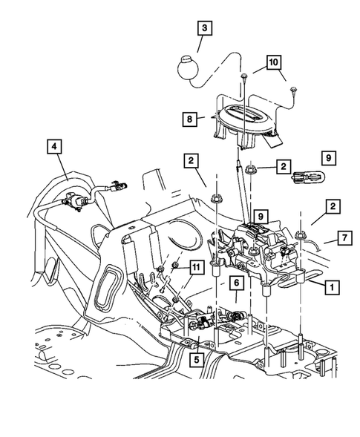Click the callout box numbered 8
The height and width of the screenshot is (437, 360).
coord(192,116)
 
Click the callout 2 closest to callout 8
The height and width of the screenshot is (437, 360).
coord(192,160)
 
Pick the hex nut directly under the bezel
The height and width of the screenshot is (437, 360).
coord(251,168)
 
